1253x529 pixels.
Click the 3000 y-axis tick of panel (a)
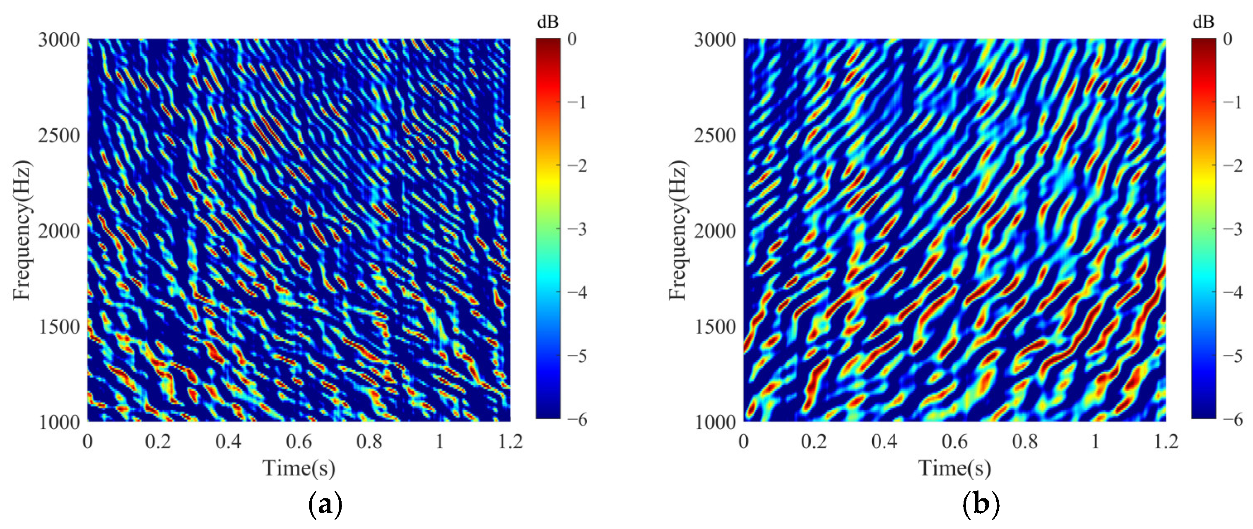pyautogui.click(x=59, y=39)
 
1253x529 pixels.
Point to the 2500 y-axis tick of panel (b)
pyautogui.click(x=715, y=135)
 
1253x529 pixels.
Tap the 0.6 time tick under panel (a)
pyautogui.click(x=299, y=442)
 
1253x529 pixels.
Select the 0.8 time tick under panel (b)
pyautogui.click(x=1025, y=442)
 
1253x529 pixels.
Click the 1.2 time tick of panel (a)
pyautogui.click(x=510, y=442)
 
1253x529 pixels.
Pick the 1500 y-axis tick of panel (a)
pyautogui.click(x=59, y=326)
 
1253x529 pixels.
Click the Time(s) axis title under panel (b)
pyautogui.click(x=954, y=468)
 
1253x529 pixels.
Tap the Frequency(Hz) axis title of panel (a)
pyautogui.click(x=22, y=230)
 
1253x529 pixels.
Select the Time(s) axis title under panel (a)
pyautogui.click(x=299, y=468)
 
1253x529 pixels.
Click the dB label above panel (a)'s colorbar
pyautogui.click(x=548, y=22)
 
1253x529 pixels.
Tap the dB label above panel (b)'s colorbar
pyautogui.click(x=1203, y=22)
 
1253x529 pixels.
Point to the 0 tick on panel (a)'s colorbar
pyautogui.click(x=572, y=39)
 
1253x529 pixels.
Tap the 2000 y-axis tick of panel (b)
pyautogui.click(x=715, y=231)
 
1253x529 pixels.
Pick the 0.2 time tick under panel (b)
pyautogui.click(x=814, y=442)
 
